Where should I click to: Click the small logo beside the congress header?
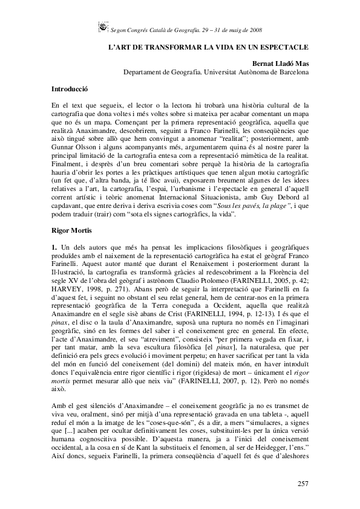tap(103, 27)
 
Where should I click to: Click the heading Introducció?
tap(70, 89)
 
